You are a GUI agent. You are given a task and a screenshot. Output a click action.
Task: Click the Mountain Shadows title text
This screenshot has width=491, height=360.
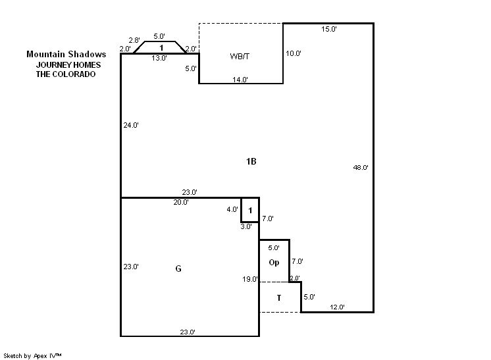point(66,54)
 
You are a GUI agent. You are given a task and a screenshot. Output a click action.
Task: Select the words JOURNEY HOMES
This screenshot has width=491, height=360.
point(68,65)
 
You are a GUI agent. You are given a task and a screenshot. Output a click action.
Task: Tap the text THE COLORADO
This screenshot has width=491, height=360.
point(66,74)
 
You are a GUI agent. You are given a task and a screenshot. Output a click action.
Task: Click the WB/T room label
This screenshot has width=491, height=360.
point(240,57)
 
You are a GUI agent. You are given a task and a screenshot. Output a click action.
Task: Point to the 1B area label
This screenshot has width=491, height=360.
point(251,161)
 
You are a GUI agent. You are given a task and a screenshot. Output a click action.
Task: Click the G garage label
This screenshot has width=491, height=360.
point(178,269)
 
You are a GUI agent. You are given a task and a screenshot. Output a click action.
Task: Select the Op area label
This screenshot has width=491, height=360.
point(274,263)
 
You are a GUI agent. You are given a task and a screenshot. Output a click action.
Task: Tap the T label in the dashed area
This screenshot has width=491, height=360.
point(279,297)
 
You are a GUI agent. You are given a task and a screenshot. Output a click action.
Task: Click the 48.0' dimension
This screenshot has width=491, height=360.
point(361,167)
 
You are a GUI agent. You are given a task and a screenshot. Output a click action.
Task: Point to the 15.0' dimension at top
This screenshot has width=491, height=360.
point(329,29)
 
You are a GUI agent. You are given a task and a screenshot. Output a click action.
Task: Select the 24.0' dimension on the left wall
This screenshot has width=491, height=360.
point(131,125)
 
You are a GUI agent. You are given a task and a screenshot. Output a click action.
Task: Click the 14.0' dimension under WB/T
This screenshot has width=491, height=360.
point(240,80)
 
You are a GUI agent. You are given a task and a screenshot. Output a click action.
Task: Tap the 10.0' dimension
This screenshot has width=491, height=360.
point(294,53)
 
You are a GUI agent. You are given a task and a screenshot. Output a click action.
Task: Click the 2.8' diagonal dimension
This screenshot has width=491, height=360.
point(134,40)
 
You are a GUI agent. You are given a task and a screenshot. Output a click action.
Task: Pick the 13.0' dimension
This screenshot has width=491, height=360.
point(159,58)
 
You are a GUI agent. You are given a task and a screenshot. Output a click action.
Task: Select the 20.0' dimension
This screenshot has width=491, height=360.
point(181,202)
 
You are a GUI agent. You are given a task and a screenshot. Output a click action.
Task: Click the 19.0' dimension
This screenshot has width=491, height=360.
point(250,279)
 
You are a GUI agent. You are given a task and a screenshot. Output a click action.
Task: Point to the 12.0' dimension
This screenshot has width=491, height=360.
point(337,307)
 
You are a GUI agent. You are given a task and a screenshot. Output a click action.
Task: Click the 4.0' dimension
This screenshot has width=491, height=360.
point(232,209)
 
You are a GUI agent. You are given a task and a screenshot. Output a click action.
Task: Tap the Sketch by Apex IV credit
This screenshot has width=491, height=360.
point(32,356)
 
